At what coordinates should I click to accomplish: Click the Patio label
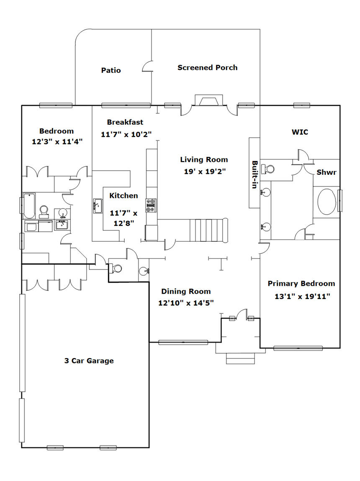[x=111, y=70]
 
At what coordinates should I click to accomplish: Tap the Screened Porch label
[x=208, y=67]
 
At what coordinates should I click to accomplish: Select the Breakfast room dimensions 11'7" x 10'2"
[x=126, y=134]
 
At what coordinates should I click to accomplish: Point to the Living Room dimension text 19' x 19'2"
[x=205, y=171]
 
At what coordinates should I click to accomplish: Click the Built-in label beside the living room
[x=255, y=174]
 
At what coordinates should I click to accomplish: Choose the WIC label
[x=300, y=132]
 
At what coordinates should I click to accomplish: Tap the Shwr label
[x=326, y=172]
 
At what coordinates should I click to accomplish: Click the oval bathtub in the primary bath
[x=327, y=202]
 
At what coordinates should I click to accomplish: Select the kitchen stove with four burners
[x=151, y=205]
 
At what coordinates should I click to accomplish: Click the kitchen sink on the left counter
[x=98, y=206]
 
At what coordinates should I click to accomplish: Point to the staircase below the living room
[x=209, y=230]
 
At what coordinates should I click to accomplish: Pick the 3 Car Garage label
[x=89, y=361]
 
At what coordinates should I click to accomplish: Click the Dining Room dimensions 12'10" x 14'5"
[x=186, y=303]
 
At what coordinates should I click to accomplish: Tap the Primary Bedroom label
[x=301, y=284]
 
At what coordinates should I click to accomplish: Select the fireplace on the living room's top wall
[x=209, y=100]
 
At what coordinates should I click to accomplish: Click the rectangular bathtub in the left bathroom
[x=29, y=205]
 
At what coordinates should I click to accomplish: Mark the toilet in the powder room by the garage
[x=116, y=269]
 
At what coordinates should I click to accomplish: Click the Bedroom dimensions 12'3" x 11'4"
[x=57, y=142]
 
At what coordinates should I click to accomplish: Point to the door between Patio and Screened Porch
[x=148, y=66]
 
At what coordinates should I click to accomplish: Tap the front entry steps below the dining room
[x=240, y=358]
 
